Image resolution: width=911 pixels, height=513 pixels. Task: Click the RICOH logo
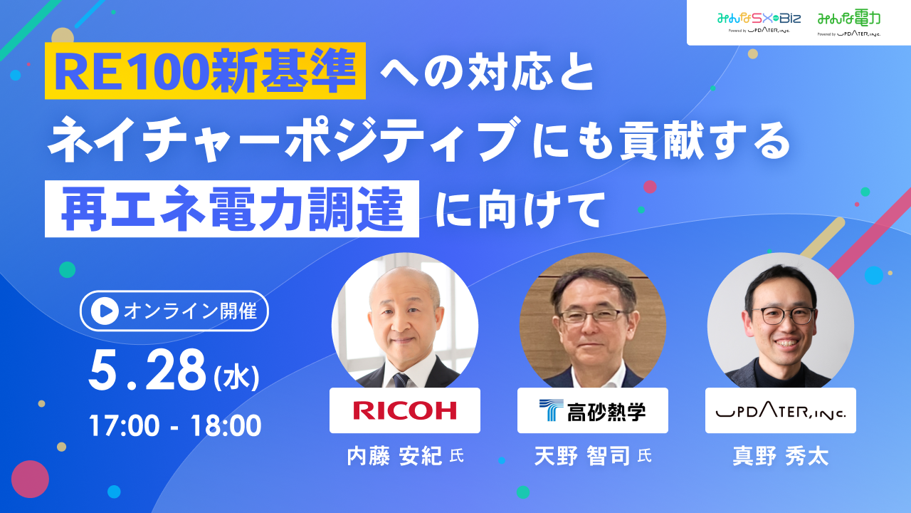click(405, 410)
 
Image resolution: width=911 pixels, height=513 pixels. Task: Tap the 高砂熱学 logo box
click(593, 410)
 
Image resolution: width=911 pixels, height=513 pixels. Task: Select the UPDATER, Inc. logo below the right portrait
click(781, 413)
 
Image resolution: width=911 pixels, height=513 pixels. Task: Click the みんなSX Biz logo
click(759, 22)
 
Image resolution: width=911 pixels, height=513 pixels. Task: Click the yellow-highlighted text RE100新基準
click(206, 71)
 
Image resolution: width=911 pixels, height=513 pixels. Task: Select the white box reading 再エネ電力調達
click(232, 209)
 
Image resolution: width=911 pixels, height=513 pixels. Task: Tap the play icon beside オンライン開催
click(105, 311)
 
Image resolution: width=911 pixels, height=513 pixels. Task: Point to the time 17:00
click(124, 426)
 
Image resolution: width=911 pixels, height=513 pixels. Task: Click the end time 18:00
click(226, 426)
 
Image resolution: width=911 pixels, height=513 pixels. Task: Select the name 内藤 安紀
click(394, 456)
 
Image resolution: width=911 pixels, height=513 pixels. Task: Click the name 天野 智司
click(582, 456)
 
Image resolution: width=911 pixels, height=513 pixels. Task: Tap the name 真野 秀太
click(781, 456)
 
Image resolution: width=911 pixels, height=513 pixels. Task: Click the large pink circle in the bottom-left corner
click(30, 480)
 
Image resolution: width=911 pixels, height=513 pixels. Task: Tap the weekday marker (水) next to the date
click(236, 378)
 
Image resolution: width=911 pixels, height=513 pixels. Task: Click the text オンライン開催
click(190, 311)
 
